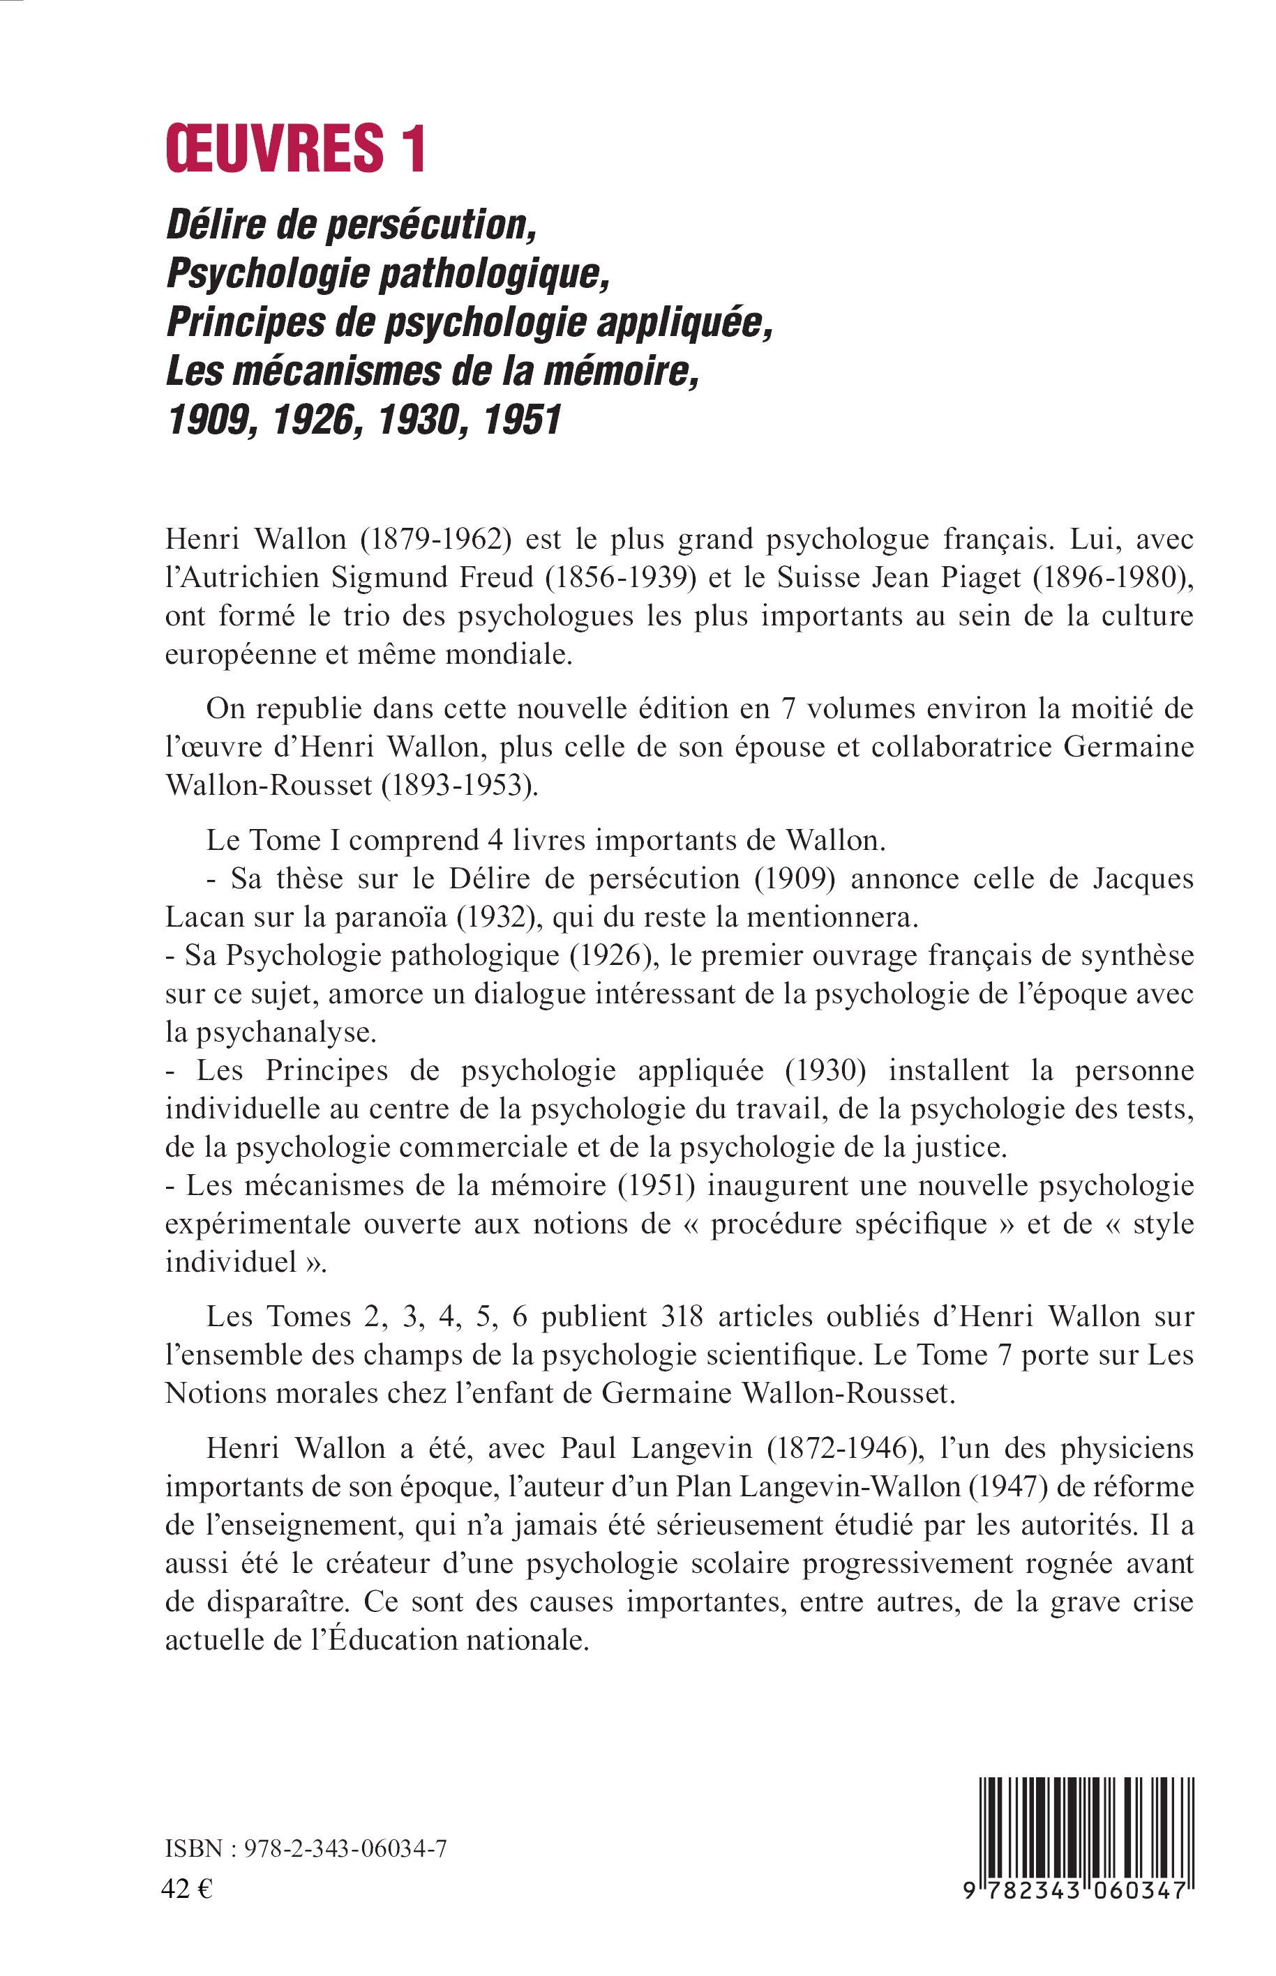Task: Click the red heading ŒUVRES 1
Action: pyautogui.click(x=296, y=149)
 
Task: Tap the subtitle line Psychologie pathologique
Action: pyautogui.click(x=388, y=273)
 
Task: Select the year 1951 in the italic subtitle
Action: pyautogui.click(x=522, y=420)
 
